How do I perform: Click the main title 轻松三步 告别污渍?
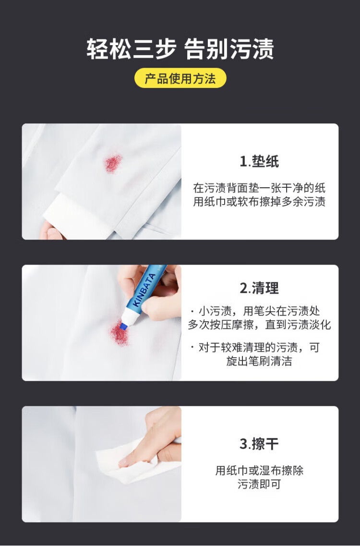point(180,49)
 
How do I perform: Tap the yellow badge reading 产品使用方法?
point(180,78)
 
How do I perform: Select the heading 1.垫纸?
point(259,161)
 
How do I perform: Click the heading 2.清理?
point(259,288)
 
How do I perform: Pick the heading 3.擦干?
point(259,444)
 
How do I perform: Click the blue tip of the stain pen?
point(122,326)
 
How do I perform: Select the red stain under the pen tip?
point(120,334)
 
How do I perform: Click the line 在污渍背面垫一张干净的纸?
point(259,188)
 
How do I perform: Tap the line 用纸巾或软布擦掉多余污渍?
point(259,202)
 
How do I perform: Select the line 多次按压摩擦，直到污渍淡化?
point(259,325)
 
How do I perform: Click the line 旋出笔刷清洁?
point(259,361)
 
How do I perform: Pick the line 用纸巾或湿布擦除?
point(259,471)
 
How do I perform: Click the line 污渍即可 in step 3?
point(259,484)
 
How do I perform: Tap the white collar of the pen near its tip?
point(130,317)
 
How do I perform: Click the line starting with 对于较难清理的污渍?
point(255,348)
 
